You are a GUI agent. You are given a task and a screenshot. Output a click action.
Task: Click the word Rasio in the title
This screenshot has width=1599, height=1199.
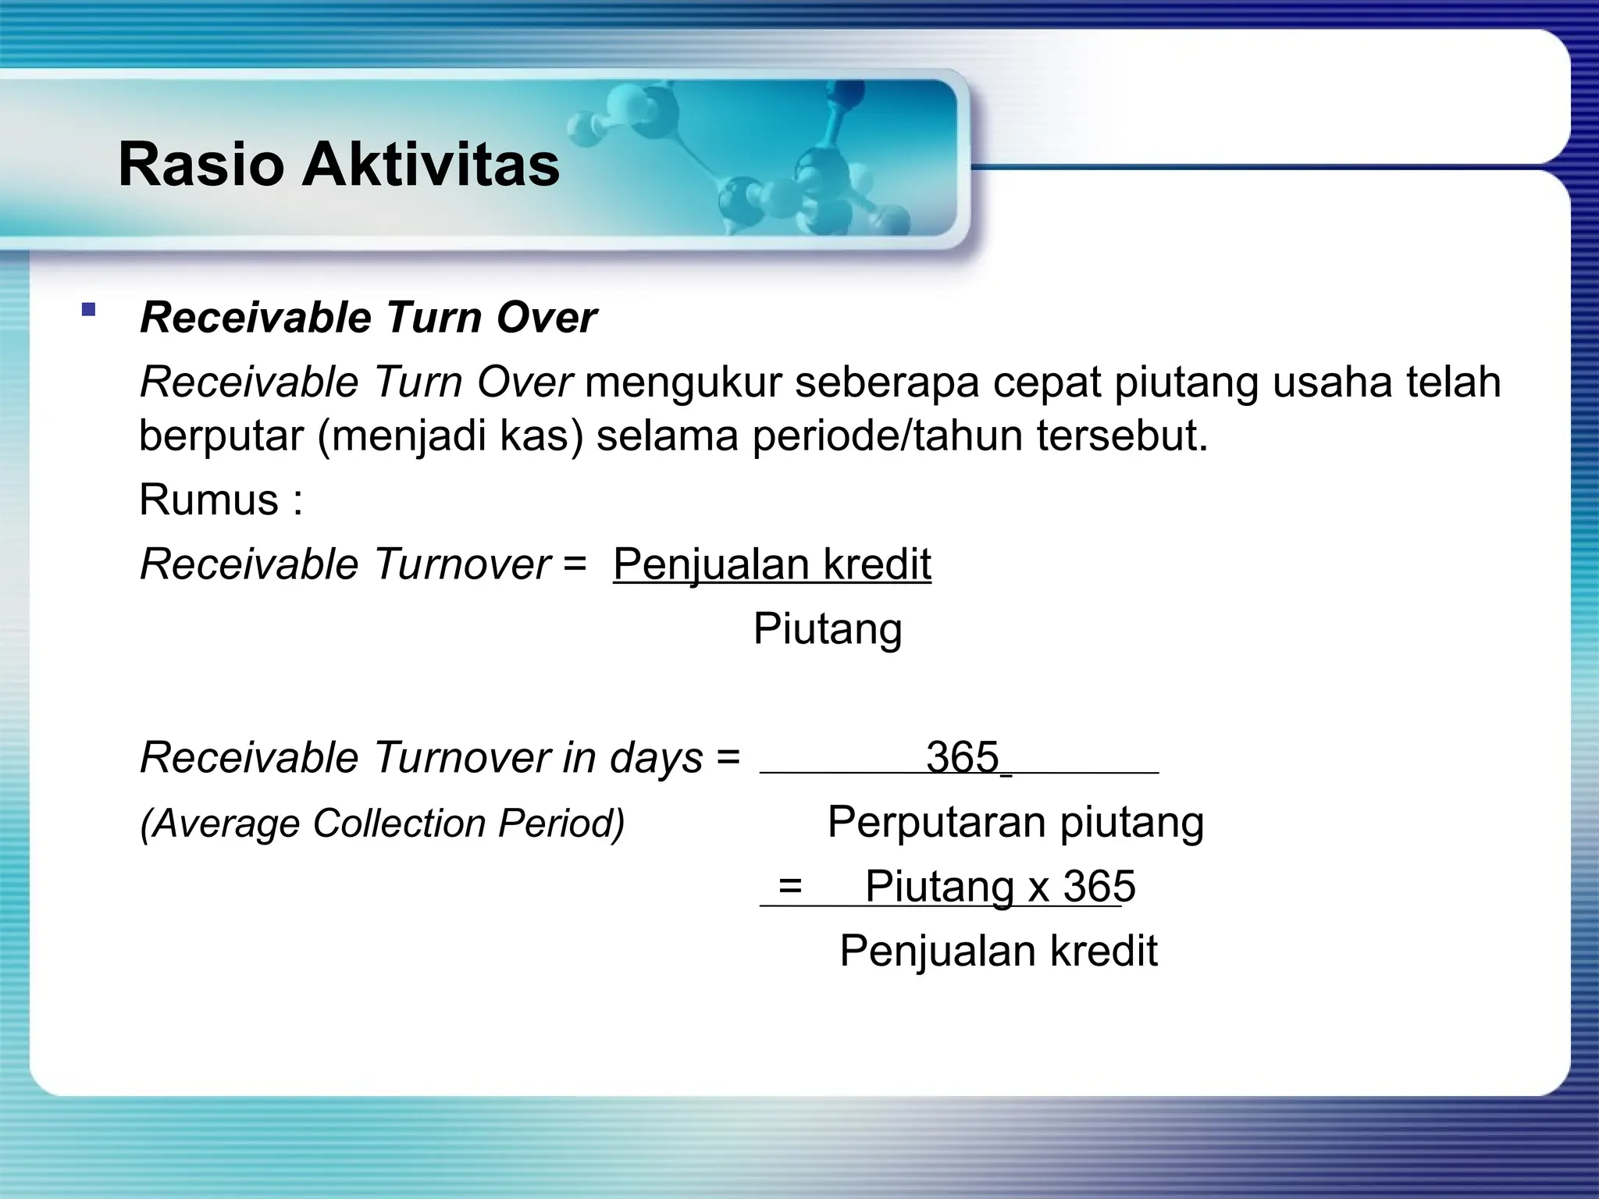[x=201, y=165]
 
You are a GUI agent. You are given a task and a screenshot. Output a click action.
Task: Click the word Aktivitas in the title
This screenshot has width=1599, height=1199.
[x=431, y=165]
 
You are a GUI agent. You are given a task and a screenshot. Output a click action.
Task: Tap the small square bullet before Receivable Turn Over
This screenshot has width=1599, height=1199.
[x=88, y=310]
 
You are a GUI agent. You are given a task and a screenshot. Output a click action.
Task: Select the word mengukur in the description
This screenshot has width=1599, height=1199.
[x=683, y=382]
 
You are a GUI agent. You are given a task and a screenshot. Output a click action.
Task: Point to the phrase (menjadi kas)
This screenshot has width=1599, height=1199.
[x=450, y=436]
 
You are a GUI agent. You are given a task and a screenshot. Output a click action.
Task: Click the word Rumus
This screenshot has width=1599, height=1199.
[x=208, y=500]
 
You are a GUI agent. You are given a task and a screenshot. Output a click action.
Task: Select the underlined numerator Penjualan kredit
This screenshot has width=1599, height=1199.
[x=771, y=564]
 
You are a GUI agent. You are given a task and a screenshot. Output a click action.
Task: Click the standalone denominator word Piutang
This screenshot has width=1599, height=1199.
[x=828, y=628]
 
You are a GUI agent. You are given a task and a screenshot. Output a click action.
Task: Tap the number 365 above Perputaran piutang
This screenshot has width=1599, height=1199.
[x=962, y=757]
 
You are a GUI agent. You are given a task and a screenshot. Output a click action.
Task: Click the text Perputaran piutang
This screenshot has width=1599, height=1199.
[x=1015, y=822]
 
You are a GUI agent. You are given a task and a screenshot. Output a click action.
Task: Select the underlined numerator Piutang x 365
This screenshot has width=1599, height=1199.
[x=999, y=887]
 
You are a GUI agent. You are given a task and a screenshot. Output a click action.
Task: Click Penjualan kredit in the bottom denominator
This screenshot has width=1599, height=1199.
[x=998, y=951]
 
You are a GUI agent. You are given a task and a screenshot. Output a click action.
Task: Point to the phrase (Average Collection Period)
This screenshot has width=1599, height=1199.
[x=383, y=824]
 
